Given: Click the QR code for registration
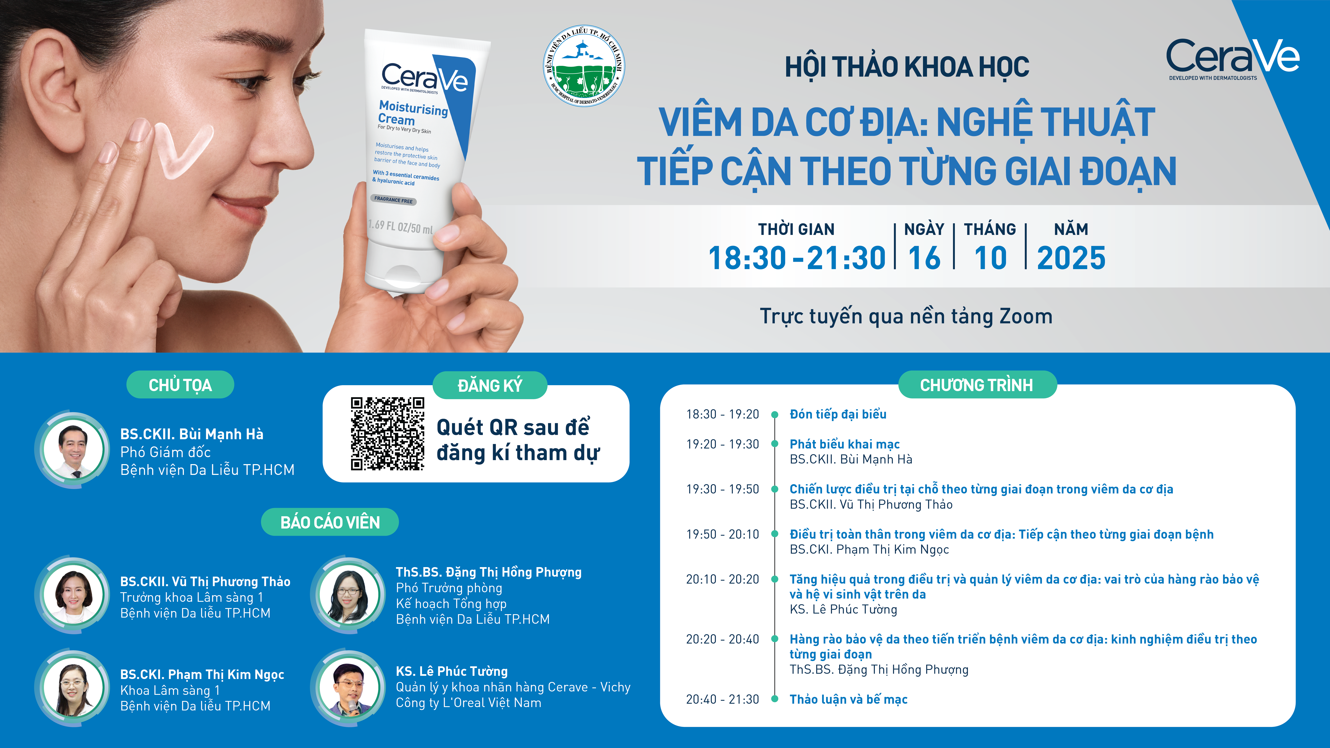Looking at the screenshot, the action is click(x=388, y=434).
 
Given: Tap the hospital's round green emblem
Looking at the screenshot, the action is click(x=584, y=66).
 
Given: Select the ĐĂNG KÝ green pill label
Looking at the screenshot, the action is click(x=489, y=385).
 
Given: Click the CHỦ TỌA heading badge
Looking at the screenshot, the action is click(x=180, y=385).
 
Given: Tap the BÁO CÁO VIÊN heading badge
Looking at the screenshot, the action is click(x=330, y=522).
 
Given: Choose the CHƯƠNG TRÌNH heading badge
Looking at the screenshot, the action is click(x=977, y=385).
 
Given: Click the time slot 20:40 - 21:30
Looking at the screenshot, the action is click(x=722, y=699).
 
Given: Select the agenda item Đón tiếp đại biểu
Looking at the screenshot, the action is click(x=838, y=414).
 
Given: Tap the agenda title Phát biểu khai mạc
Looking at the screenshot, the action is click(x=845, y=444).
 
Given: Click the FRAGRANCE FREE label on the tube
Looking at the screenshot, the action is click(x=394, y=200).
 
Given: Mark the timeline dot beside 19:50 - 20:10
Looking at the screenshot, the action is click(x=774, y=534).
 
